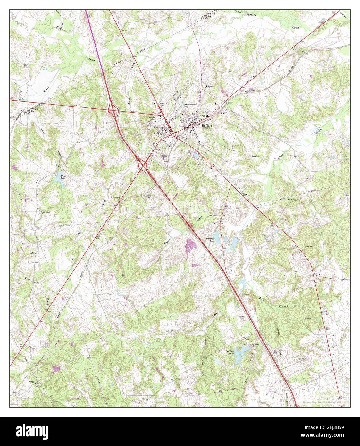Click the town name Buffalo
tap(207, 126)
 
